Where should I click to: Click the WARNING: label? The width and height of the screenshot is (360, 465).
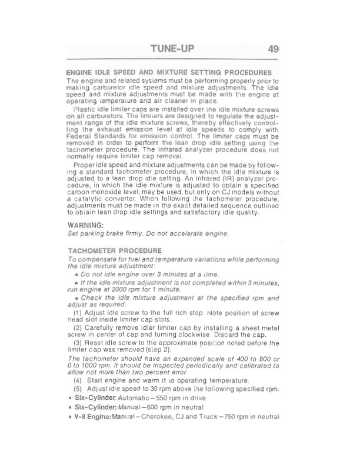[x=86, y=225]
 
